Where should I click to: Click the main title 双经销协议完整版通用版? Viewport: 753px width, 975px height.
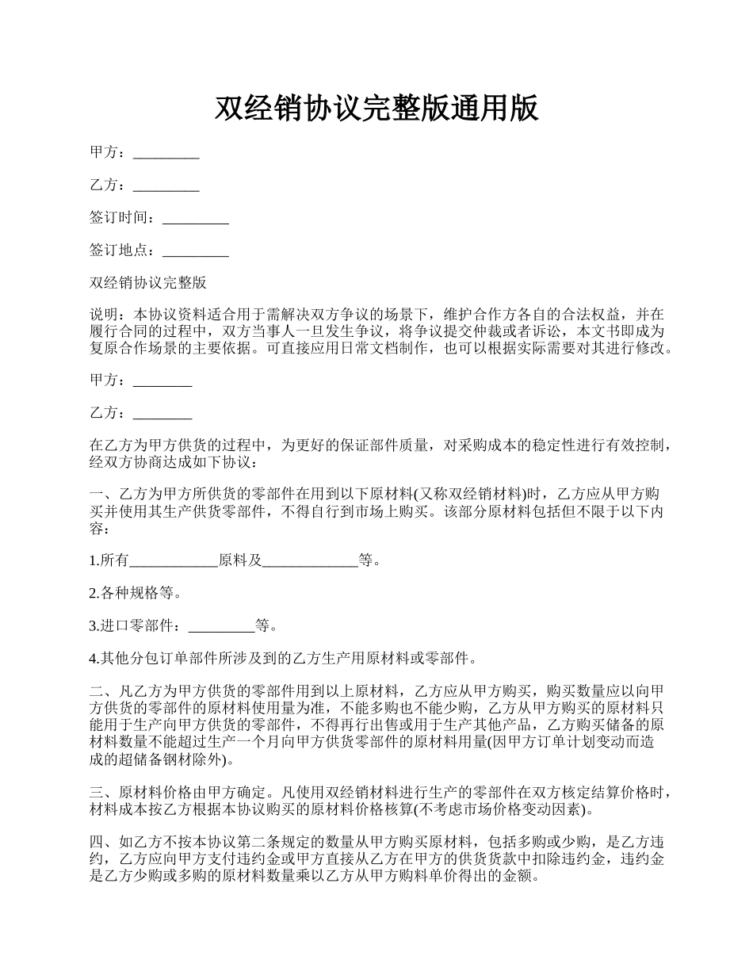pyautogui.click(x=376, y=108)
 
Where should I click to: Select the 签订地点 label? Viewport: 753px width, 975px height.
pyautogui.click(x=119, y=250)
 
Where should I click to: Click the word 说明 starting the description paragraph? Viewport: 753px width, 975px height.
pyautogui.click(x=104, y=314)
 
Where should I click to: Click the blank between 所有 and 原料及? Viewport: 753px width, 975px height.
pyautogui.click(x=174, y=562)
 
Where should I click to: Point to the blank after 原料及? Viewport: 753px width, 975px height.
pyautogui.click(x=310, y=562)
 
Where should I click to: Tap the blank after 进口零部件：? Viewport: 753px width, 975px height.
pyautogui.click(x=222, y=627)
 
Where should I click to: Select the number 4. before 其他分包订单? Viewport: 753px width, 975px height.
pyautogui.click(x=94, y=658)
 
